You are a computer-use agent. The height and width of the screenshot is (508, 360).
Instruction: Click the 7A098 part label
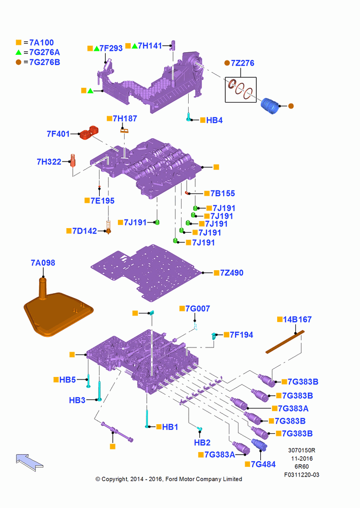(x=43, y=263)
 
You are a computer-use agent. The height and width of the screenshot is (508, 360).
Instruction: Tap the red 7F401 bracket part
(x=89, y=132)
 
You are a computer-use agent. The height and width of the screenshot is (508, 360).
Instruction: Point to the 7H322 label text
(x=49, y=162)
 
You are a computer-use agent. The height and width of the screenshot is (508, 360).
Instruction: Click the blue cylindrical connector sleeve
(x=270, y=106)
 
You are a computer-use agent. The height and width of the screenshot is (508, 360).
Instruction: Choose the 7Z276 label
(x=242, y=63)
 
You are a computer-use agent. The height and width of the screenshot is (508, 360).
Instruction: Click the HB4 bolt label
(x=215, y=120)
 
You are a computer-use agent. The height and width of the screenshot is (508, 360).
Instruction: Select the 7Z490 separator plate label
(x=231, y=273)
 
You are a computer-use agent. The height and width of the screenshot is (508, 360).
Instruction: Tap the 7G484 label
(x=263, y=464)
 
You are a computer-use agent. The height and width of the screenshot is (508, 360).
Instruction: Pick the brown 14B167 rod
(x=285, y=342)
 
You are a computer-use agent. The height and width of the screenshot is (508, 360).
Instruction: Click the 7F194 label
(x=242, y=335)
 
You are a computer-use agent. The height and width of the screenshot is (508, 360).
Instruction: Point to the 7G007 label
(x=197, y=308)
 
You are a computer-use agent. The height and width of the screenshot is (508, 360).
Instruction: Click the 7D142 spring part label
(x=84, y=231)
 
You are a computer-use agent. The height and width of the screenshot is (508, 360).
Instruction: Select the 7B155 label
(x=223, y=194)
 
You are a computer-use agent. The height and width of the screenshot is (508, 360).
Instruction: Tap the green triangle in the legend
(x=18, y=52)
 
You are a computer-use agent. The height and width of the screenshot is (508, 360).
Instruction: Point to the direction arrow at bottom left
(x=29, y=462)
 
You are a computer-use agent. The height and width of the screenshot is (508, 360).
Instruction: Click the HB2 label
(x=202, y=442)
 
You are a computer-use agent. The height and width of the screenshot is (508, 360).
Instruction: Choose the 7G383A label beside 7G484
(x=220, y=455)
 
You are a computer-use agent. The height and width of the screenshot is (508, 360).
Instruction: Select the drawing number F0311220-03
(x=302, y=474)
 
